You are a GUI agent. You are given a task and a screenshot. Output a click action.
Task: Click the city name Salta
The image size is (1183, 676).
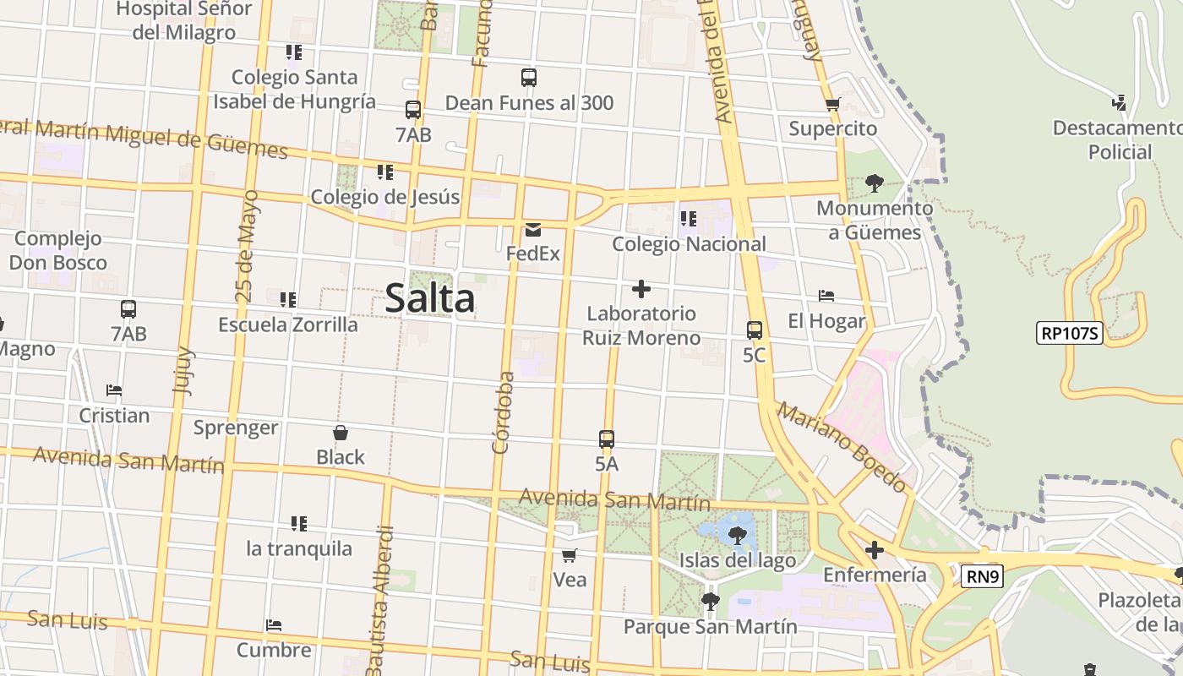[430, 299]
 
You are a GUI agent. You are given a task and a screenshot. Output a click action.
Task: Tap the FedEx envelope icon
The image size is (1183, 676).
[533, 230]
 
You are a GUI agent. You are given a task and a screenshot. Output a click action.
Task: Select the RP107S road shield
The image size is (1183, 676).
[1069, 333]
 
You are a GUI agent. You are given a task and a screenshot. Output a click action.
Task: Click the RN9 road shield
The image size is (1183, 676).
[983, 577]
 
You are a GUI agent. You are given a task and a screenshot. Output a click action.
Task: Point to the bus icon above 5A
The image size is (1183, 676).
[607, 439]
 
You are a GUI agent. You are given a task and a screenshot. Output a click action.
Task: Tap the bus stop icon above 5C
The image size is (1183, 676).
[754, 330]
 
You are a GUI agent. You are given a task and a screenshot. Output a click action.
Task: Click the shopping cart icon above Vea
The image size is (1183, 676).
[570, 555]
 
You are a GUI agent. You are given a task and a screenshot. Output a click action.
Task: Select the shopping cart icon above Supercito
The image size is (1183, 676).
[833, 105]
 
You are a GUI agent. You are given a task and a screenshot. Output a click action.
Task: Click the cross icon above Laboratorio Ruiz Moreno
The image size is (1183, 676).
[641, 290]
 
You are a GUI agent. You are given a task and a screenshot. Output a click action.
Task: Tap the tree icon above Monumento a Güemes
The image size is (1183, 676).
[875, 183]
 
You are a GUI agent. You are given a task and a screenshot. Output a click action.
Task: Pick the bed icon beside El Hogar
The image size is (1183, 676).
[826, 296]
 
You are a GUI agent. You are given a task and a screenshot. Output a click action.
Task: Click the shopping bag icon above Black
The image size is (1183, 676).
[341, 433]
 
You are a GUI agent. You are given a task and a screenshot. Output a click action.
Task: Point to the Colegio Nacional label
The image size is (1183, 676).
[689, 244]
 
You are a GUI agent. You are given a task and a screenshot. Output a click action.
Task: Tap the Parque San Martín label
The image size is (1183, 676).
[710, 626]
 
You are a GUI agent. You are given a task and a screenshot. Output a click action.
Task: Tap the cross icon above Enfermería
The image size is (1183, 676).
[875, 551]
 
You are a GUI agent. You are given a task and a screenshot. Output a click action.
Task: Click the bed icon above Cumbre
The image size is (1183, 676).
[274, 626]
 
